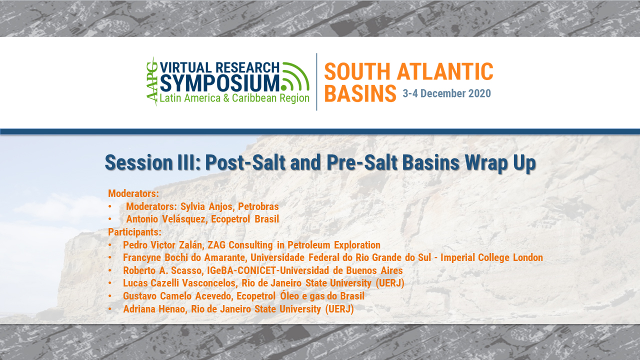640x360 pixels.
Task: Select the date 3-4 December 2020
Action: pos(446,93)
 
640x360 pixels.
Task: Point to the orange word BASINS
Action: pos(360,93)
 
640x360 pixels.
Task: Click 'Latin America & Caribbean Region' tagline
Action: pos(234,98)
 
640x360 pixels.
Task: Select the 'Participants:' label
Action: pos(134,232)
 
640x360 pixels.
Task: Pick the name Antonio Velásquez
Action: pos(165,219)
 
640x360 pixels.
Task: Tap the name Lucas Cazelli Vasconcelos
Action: pos(179,283)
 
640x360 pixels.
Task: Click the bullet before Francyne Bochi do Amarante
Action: pos(110,258)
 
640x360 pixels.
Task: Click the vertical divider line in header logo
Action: pos(316,81)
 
